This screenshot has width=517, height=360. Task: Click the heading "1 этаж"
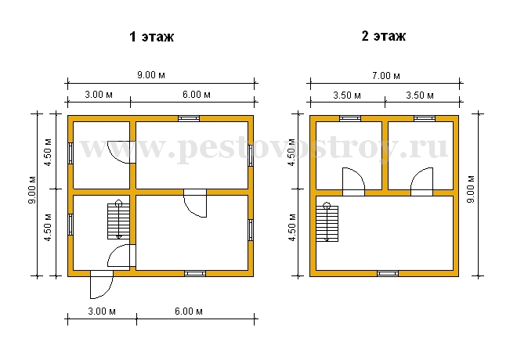click(152, 37)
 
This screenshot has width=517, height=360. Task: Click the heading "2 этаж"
click(384, 36)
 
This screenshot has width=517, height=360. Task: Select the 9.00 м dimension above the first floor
click(151, 75)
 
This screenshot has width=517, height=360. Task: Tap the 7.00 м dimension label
click(385, 76)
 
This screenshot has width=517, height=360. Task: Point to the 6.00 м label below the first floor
click(189, 311)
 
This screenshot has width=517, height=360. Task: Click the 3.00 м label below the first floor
click(102, 311)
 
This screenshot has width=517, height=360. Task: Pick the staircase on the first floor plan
click(118, 220)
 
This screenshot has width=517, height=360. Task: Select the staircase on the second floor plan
click(327, 222)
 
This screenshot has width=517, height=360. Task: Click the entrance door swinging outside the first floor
click(102, 285)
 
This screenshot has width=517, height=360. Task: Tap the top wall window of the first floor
click(189, 119)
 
